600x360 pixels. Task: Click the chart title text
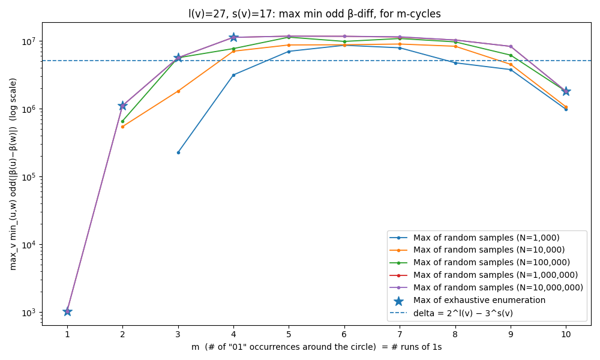pyautogui.click(x=314, y=14)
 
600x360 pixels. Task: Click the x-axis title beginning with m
pyautogui.click(x=316, y=347)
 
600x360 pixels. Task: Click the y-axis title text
pyautogui.click(x=13, y=174)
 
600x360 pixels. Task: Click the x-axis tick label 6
pyautogui.click(x=344, y=334)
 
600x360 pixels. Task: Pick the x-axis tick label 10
pyautogui.click(x=566, y=334)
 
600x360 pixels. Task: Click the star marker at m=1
pyautogui.click(x=67, y=311)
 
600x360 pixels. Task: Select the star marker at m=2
pyautogui.click(x=122, y=106)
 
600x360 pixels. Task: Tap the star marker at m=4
pyautogui.click(x=233, y=37)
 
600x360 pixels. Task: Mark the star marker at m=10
pyautogui.click(x=566, y=91)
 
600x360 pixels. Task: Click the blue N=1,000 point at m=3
pyautogui.click(x=178, y=152)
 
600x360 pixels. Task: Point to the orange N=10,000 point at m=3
pyautogui.click(x=178, y=91)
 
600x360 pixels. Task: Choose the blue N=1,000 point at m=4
pyautogui.click(x=233, y=75)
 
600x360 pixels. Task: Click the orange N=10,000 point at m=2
pyautogui.click(x=122, y=127)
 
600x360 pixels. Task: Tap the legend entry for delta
pyautogui.click(x=463, y=313)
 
